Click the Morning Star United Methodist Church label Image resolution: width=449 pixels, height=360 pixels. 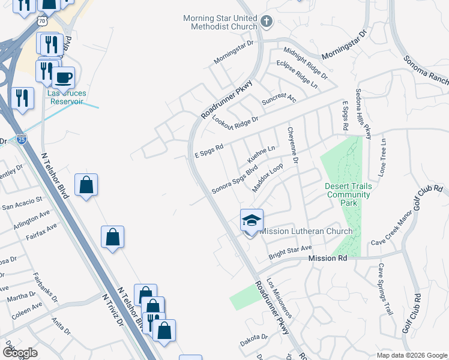pos(220,22)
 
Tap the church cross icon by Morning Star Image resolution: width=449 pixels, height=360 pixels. pos(267,23)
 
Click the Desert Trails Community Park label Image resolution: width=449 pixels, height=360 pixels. pos(348,194)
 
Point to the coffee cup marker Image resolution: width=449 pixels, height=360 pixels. pos(63,78)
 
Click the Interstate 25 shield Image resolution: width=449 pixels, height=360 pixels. pos(21,140)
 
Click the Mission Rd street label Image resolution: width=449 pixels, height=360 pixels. pos(328,258)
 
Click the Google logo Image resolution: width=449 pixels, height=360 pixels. pos(20,353)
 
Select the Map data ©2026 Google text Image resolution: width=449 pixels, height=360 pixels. pos(411,355)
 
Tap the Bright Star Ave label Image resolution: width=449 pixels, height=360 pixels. pos(290,248)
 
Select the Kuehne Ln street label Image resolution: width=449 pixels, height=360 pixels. pos(262,154)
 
